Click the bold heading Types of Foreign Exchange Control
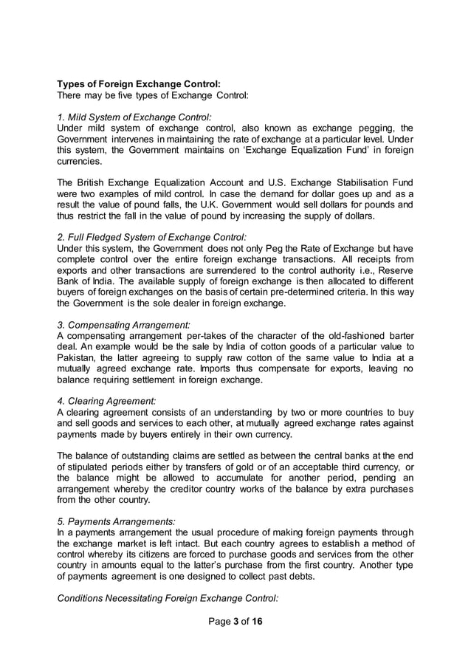point(139,83)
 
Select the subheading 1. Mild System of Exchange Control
point(134,116)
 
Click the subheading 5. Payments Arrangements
point(116,521)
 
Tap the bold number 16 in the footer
point(257,621)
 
